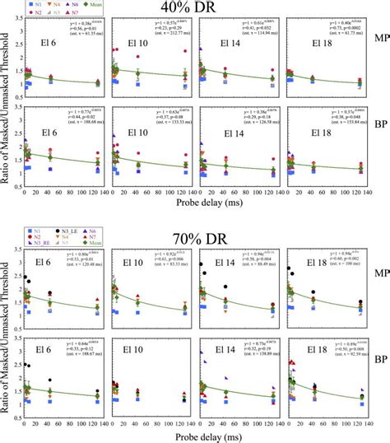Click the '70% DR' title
[195, 239]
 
